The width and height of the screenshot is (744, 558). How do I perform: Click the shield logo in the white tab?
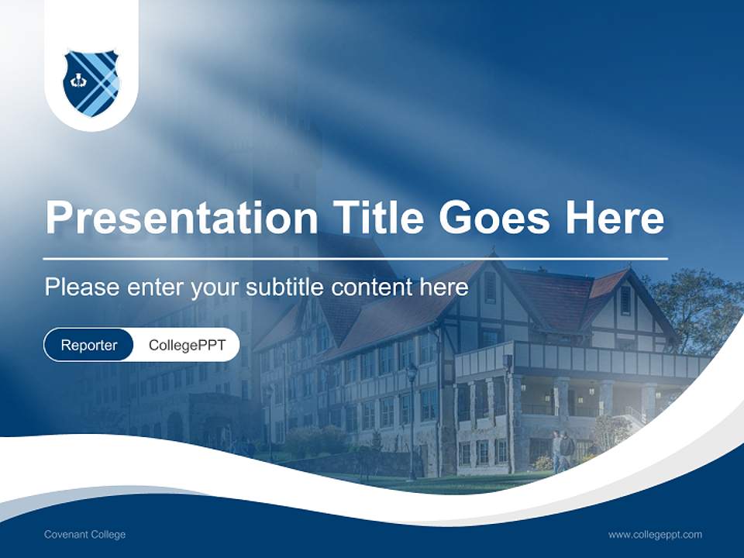(x=91, y=82)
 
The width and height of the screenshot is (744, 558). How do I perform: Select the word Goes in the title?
(x=497, y=218)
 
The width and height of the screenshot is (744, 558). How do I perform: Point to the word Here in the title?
(x=615, y=218)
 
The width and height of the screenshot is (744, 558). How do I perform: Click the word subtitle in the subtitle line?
(x=285, y=288)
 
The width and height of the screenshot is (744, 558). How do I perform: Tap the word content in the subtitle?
(x=376, y=288)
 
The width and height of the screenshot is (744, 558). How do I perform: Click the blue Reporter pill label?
(x=88, y=345)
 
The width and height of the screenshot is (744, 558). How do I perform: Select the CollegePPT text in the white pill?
(x=187, y=345)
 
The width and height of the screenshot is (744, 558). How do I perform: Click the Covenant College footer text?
(x=84, y=535)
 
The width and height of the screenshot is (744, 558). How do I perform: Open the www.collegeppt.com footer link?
(x=655, y=535)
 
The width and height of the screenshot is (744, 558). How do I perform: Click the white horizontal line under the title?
(x=355, y=258)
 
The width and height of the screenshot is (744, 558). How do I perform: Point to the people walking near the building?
(x=563, y=448)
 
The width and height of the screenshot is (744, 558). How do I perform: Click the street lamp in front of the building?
(x=411, y=418)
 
